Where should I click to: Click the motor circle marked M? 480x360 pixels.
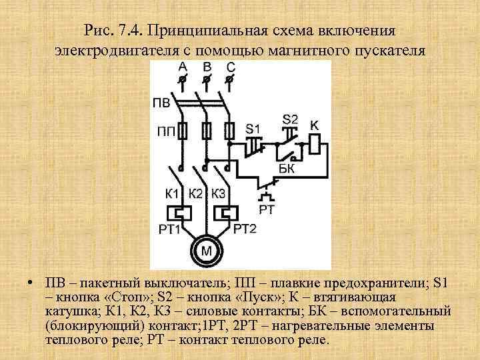tap(207, 251)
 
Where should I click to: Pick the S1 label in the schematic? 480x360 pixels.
tap(253, 127)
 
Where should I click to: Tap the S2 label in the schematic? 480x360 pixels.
tap(290, 119)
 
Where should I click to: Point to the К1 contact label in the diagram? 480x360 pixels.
tap(173, 193)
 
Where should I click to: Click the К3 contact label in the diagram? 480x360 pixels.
tap(219, 193)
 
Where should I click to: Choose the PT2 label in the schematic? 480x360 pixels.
tap(245, 229)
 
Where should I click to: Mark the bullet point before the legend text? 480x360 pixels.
tap(31, 279)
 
